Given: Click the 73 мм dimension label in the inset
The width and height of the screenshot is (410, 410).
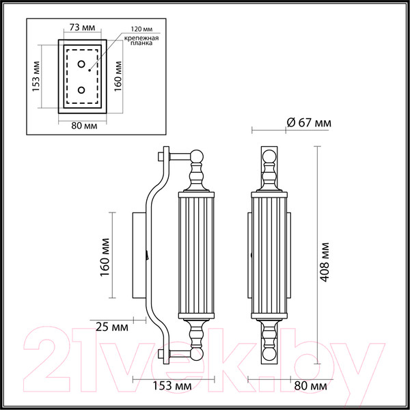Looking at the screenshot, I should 81,29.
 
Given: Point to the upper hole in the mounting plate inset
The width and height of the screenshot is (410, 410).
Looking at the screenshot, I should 81,66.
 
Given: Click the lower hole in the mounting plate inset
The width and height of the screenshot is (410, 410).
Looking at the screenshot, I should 81,90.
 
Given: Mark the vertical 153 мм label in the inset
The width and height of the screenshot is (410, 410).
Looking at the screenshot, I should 36,77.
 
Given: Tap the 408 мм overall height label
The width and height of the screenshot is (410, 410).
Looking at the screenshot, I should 327,260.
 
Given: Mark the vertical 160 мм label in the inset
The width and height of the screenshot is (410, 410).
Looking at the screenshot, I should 119,77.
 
